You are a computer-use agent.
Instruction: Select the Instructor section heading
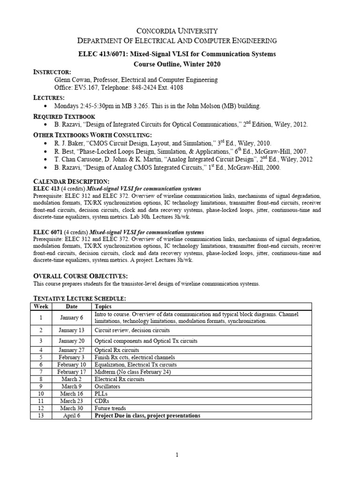[52, 72]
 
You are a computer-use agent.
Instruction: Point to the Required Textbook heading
[64, 116]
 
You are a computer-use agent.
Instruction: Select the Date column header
[72, 306]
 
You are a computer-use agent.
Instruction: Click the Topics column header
[103, 306]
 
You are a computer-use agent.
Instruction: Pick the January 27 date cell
[72, 350]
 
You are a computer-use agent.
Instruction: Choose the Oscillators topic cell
[107, 386]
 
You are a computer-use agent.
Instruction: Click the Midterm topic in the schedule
[133, 372]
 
